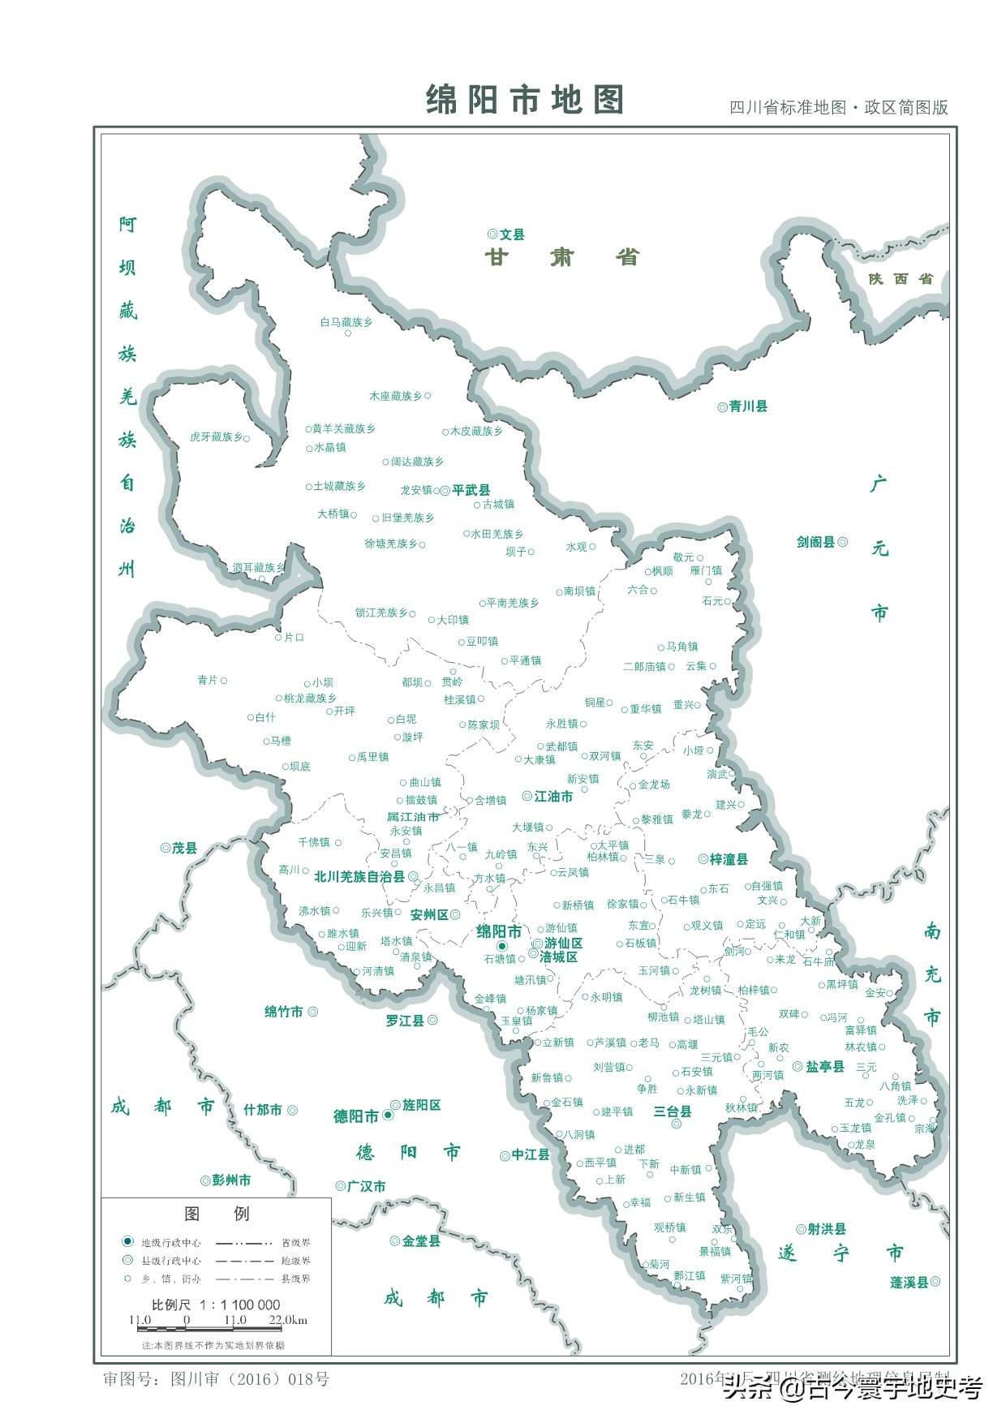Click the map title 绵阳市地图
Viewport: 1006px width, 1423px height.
pyautogui.click(x=525, y=100)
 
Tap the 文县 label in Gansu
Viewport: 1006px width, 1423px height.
pyautogui.click(x=512, y=234)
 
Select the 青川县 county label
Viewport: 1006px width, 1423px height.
pyautogui.click(x=748, y=406)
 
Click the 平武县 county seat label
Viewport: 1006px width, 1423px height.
pyautogui.click(x=471, y=490)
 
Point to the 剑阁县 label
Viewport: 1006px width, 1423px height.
pyautogui.click(x=815, y=542)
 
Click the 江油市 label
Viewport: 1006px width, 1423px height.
pyautogui.click(x=553, y=797)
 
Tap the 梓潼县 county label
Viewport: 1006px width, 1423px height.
pyautogui.click(x=729, y=859)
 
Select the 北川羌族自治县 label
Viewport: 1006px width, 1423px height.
pyautogui.click(x=359, y=877)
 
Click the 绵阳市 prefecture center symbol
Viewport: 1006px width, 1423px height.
pyautogui.click(x=501, y=947)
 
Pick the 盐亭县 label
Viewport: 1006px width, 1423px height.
pyautogui.click(x=824, y=1066)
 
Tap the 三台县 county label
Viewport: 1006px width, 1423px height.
pyautogui.click(x=673, y=1111)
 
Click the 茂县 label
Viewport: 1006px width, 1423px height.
pyautogui.click(x=184, y=848)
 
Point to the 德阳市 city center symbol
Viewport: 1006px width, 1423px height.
pyautogui.click(x=388, y=1116)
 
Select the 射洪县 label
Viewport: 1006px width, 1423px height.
pyautogui.click(x=827, y=1229)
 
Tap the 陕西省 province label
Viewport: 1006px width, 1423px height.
pyautogui.click(x=901, y=279)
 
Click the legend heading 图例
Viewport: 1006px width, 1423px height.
pyautogui.click(x=217, y=1214)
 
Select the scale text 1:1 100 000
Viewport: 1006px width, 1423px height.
pyautogui.click(x=239, y=1305)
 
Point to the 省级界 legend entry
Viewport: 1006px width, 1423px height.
pyautogui.click(x=295, y=1243)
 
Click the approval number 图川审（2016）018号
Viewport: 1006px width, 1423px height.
pyautogui.click(x=250, y=1379)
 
